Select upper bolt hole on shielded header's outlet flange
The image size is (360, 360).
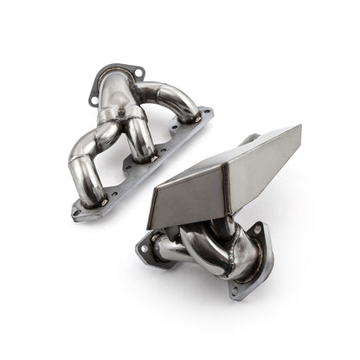[257, 228]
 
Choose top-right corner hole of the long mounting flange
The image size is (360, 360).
[205, 112]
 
